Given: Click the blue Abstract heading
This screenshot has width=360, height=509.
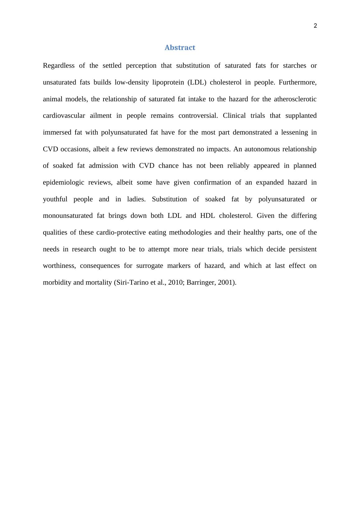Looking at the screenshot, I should point(180,48).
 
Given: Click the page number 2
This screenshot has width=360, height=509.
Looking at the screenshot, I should point(315,26).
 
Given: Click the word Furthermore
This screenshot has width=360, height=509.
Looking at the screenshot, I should point(298,82).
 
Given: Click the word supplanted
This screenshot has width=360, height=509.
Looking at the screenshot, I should point(301,116).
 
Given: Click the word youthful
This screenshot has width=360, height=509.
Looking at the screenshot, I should point(55,199).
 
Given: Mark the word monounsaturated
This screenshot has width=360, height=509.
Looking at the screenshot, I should point(68,216).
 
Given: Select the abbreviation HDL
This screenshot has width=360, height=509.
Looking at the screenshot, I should point(207,216).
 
